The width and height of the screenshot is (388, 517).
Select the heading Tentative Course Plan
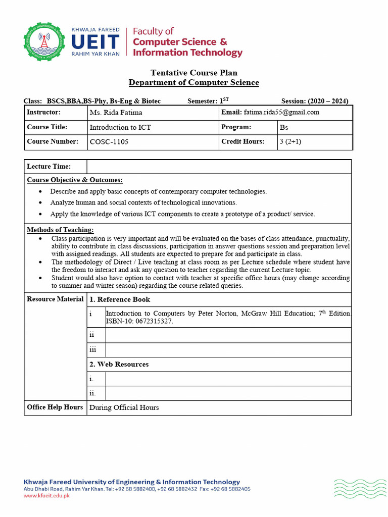(x=193, y=73)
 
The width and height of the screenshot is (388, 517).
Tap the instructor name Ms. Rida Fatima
(x=116, y=113)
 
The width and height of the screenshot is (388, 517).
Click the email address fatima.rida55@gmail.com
(x=281, y=112)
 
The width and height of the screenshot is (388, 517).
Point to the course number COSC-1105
(x=109, y=142)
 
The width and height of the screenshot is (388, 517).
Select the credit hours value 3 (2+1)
(x=290, y=142)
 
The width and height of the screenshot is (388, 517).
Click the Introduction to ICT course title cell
(x=120, y=127)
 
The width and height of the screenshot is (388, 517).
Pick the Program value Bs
(x=284, y=128)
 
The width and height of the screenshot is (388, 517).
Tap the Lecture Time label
(x=48, y=167)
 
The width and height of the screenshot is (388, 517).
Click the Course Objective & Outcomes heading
(x=74, y=180)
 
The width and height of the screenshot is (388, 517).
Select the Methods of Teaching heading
(x=60, y=230)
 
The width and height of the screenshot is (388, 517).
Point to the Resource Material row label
(x=55, y=299)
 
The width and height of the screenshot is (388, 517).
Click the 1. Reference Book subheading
(x=120, y=299)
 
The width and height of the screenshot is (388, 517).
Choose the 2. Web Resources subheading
(x=119, y=364)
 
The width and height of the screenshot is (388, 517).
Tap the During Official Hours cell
(x=124, y=407)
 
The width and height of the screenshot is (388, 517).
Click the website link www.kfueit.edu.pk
(x=46, y=496)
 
